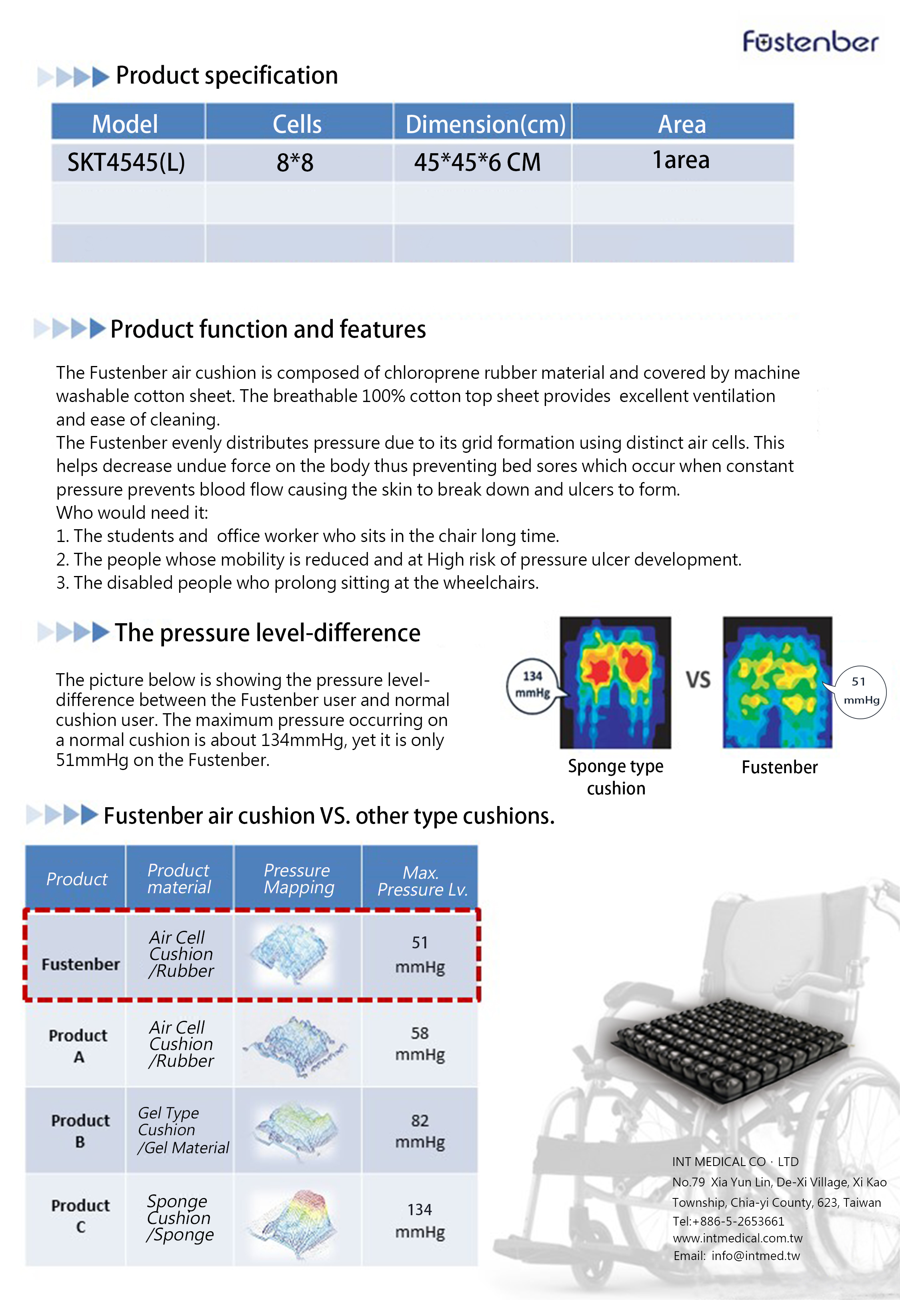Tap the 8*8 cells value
coord(295,162)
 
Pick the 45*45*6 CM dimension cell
coord(477,162)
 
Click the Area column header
coord(682,122)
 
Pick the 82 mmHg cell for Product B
coord(420,1131)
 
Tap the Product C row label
coord(80,1216)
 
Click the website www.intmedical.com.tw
coord(737,1238)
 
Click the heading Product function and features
coord(268,329)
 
